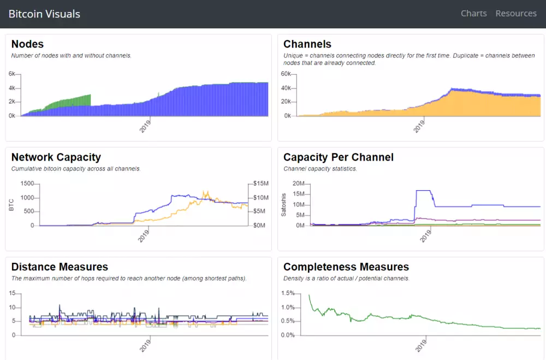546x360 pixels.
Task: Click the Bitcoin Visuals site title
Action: click(44, 14)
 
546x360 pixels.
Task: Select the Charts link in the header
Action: click(473, 14)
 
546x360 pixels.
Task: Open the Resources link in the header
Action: click(516, 14)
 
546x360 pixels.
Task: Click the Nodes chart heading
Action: click(27, 44)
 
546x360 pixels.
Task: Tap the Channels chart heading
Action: click(307, 44)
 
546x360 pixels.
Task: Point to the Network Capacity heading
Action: click(56, 157)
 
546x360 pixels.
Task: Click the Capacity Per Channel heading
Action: click(339, 157)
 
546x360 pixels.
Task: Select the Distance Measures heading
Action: click(60, 267)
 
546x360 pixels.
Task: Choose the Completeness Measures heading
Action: click(346, 267)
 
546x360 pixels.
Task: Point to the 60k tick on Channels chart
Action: click(287, 74)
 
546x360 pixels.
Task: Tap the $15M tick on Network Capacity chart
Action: click(260, 184)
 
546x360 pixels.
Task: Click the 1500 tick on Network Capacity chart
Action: click(27, 184)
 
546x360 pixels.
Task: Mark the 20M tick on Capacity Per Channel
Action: click(298, 184)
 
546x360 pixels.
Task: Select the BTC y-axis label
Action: click(11, 205)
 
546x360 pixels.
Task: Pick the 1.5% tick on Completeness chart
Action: click(287, 293)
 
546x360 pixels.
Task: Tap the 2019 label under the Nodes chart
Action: click(145, 125)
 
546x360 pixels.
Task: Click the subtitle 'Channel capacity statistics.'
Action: click(320, 169)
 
